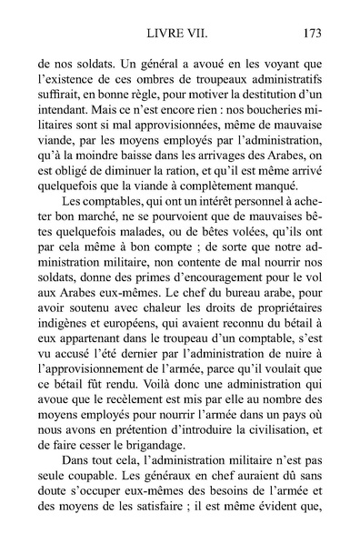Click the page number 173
click(308, 35)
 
